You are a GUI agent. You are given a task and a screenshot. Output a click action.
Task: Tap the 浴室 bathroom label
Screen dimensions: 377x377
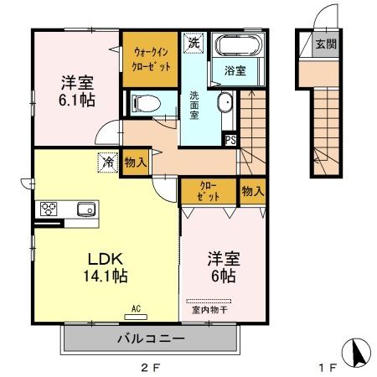pyautogui.click(x=235, y=71)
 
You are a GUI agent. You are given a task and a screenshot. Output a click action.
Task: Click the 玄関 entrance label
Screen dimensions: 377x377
pyautogui.click(x=325, y=44)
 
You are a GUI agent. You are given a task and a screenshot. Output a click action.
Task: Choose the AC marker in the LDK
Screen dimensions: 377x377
pyautogui.click(x=136, y=308)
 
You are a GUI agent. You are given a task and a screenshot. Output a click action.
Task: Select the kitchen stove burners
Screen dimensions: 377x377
pyautogui.click(x=48, y=209)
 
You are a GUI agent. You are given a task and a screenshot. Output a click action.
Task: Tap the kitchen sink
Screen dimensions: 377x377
pyautogui.click(x=85, y=209)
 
